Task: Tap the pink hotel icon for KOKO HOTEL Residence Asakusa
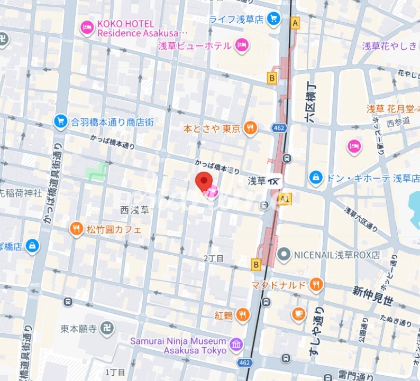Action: tap(87, 28)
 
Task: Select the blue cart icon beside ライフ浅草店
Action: tap(273, 19)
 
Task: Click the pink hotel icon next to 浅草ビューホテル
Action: tap(242, 45)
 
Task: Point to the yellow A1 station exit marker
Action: tap(286, 198)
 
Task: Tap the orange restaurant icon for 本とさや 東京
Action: tap(250, 128)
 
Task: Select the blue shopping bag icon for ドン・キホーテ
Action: tap(316, 178)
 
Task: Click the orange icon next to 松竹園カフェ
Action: tap(77, 229)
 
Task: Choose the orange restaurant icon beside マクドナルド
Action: tap(316, 285)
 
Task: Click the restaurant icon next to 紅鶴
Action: tap(242, 315)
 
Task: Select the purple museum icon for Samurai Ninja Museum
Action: tap(236, 346)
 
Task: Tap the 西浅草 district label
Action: tap(135, 210)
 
